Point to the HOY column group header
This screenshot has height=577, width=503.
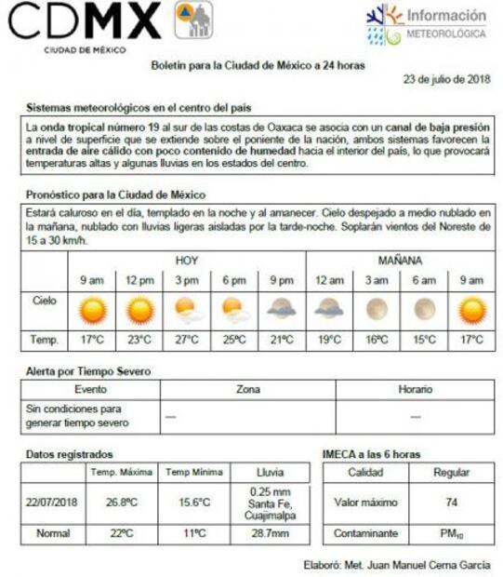click(x=186, y=260)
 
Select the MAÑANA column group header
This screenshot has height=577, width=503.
click(x=400, y=260)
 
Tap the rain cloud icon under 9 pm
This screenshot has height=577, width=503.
click(x=282, y=308)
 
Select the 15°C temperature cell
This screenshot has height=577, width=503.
click(x=424, y=340)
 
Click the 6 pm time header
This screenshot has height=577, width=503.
click(x=233, y=280)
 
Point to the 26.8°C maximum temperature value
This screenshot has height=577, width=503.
click(x=121, y=503)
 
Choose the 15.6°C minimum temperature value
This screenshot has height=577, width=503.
click(x=193, y=503)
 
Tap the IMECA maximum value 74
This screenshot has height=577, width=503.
click(x=451, y=503)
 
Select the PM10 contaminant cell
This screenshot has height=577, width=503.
click(x=451, y=534)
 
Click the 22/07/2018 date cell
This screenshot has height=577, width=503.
click(x=53, y=503)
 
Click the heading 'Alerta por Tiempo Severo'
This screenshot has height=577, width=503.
click(x=88, y=371)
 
